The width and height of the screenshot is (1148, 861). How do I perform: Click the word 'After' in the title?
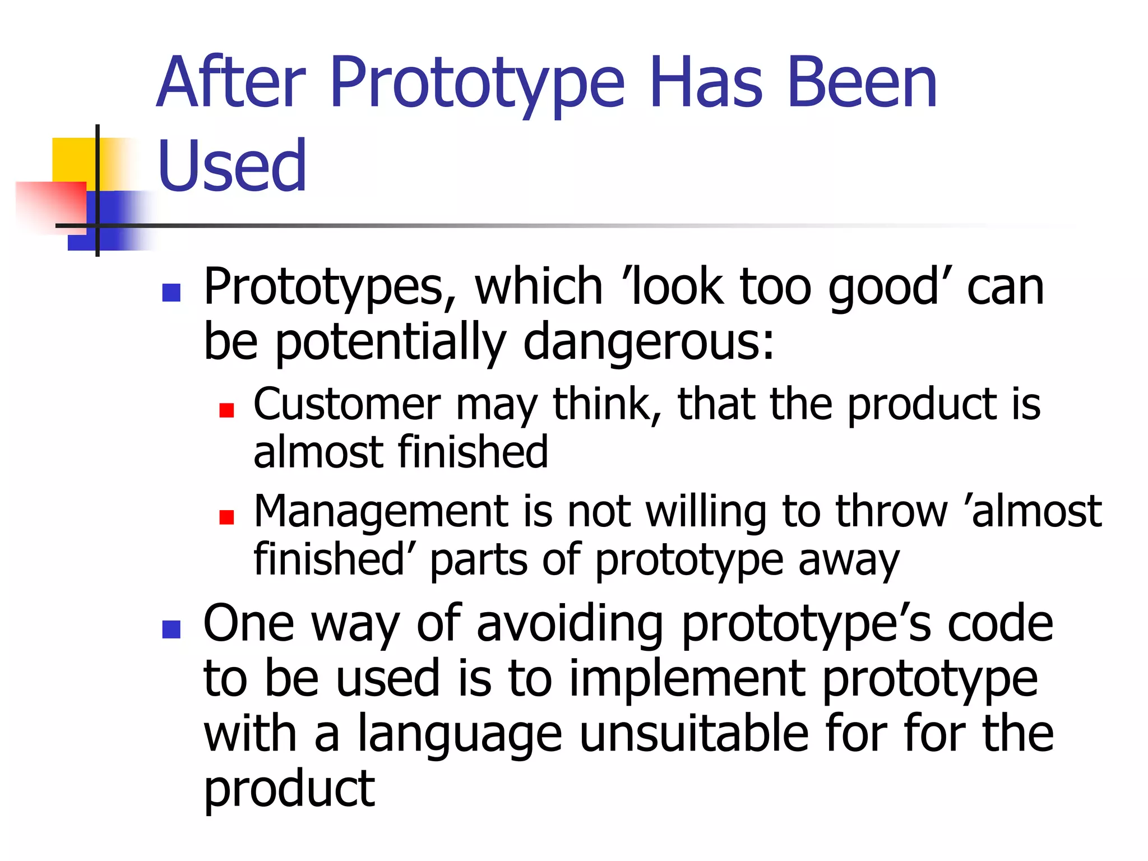coord(232,82)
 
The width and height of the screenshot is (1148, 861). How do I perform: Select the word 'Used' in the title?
coord(232,166)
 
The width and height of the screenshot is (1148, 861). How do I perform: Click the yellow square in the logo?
coord(73,160)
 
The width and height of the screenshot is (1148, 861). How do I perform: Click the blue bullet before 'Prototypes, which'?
coord(171,293)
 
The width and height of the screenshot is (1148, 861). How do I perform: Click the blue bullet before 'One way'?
coord(171,629)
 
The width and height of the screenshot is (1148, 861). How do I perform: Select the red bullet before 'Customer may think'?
coord(226,410)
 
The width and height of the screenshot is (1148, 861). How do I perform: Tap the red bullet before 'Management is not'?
coord(226,517)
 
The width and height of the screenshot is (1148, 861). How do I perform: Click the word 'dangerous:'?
coord(649,342)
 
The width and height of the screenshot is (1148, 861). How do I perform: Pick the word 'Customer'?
coord(347,404)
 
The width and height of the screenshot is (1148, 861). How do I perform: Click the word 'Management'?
coord(381,512)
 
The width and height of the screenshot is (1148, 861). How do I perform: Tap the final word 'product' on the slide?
coord(289,790)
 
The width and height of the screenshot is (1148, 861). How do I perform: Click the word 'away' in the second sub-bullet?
coord(849,561)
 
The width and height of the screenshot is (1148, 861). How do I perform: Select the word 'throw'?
coord(891,511)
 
